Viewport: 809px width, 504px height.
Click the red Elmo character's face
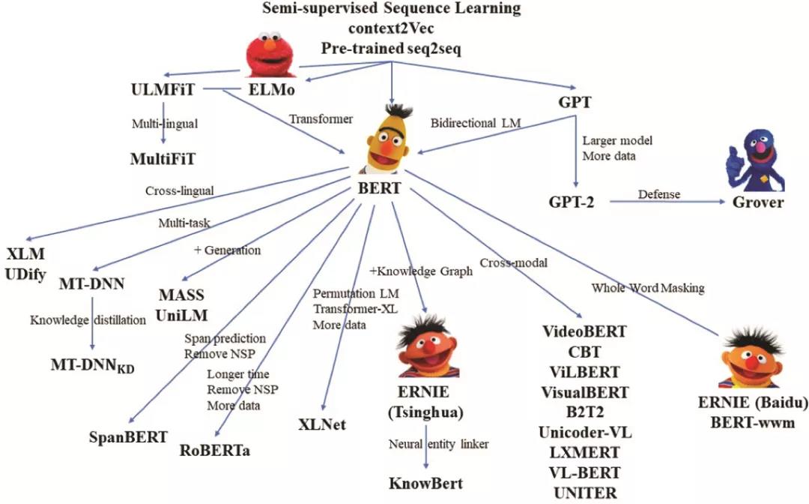pyautogui.click(x=270, y=54)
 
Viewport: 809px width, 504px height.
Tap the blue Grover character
pyautogui.click(x=755, y=160)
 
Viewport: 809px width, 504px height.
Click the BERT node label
pyautogui.click(x=379, y=188)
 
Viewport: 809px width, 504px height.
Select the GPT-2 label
pyautogui.click(x=571, y=202)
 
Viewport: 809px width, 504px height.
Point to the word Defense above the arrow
pyautogui.click(x=659, y=194)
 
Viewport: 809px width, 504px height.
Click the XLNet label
pyautogui.click(x=322, y=424)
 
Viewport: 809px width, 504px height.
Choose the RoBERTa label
pyautogui.click(x=215, y=450)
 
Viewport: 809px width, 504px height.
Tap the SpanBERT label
pyautogui.click(x=129, y=437)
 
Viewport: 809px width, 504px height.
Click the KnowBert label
pyautogui.click(x=425, y=483)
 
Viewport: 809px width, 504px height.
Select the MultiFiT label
pyautogui.click(x=163, y=158)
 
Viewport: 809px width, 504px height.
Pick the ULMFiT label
pyautogui.click(x=163, y=89)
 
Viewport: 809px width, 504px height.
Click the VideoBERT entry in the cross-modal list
pyautogui.click(x=584, y=331)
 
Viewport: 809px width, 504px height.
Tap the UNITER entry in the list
pyautogui.click(x=585, y=493)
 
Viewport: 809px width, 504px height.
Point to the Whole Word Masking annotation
pyautogui.click(x=648, y=288)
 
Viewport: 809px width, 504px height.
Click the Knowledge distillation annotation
pyautogui.click(x=88, y=320)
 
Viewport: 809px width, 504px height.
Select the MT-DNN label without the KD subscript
pyautogui.click(x=92, y=284)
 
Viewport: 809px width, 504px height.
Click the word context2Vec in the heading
pyautogui.click(x=391, y=28)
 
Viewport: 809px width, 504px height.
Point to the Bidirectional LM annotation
pyautogui.click(x=476, y=124)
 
